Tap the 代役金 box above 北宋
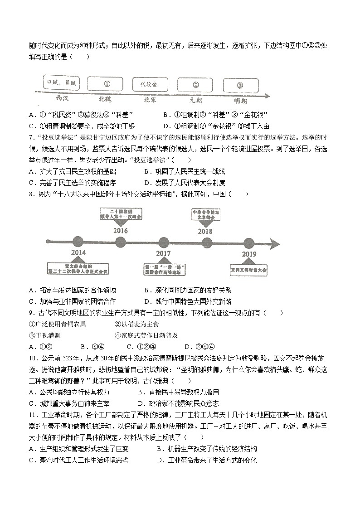coord(151,84)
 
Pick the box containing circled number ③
coord(240,85)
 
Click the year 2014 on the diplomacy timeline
coord(78,253)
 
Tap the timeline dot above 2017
coord(163,242)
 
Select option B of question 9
coord(83,347)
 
